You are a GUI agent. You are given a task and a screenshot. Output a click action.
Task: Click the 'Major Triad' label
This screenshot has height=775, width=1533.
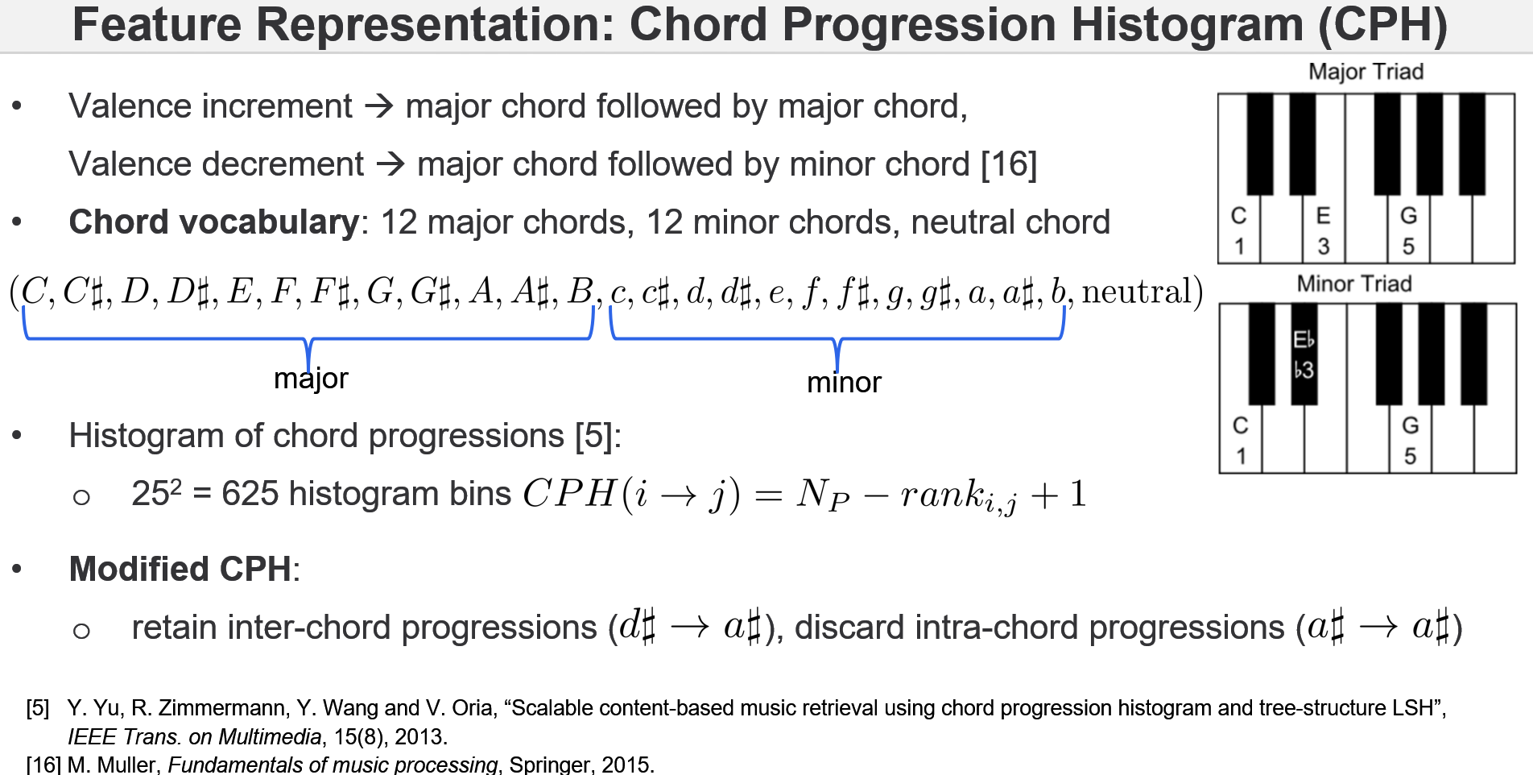pyautogui.click(x=1366, y=72)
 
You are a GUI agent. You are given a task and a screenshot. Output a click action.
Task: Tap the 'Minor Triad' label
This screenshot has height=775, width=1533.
pyautogui.click(x=1354, y=284)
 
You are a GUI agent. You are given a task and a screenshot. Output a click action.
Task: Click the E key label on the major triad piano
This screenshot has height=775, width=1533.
pyautogui.click(x=1323, y=216)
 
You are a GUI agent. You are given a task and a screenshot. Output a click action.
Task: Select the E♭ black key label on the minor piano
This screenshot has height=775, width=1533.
pyautogui.click(x=1304, y=340)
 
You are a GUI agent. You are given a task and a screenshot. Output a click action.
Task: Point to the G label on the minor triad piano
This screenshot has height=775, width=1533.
pyautogui.click(x=1410, y=425)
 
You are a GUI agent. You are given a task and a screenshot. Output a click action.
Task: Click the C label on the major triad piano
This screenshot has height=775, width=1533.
pyautogui.click(x=1238, y=216)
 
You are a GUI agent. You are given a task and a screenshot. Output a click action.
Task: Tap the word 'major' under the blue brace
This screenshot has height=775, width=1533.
pyautogui.click(x=311, y=379)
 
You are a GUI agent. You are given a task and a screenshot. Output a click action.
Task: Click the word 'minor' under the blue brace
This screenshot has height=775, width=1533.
pyautogui.click(x=844, y=383)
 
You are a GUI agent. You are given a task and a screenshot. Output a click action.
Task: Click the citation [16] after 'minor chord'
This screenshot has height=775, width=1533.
pyautogui.click(x=1009, y=164)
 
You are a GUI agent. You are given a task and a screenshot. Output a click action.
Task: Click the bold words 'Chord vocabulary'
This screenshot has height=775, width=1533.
pyautogui.click(x=213, y=222)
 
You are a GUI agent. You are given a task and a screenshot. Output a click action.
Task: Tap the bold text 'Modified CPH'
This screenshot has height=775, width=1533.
pyautogui.click(x=180, y=569)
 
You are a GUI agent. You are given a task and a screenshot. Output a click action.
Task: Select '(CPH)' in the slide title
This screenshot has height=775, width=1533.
pyautogui.click(x=1382, y=24)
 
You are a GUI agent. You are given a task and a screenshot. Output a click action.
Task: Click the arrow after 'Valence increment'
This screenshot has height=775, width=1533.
pyautogui.click(x=378, y=106)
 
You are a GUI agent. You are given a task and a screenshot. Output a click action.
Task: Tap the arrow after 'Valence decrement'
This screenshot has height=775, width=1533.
pyautogui.click(x=390, y=164)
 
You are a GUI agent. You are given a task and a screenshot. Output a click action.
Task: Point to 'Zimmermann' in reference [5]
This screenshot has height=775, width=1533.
pyautogui.click(x=207, y=708)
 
